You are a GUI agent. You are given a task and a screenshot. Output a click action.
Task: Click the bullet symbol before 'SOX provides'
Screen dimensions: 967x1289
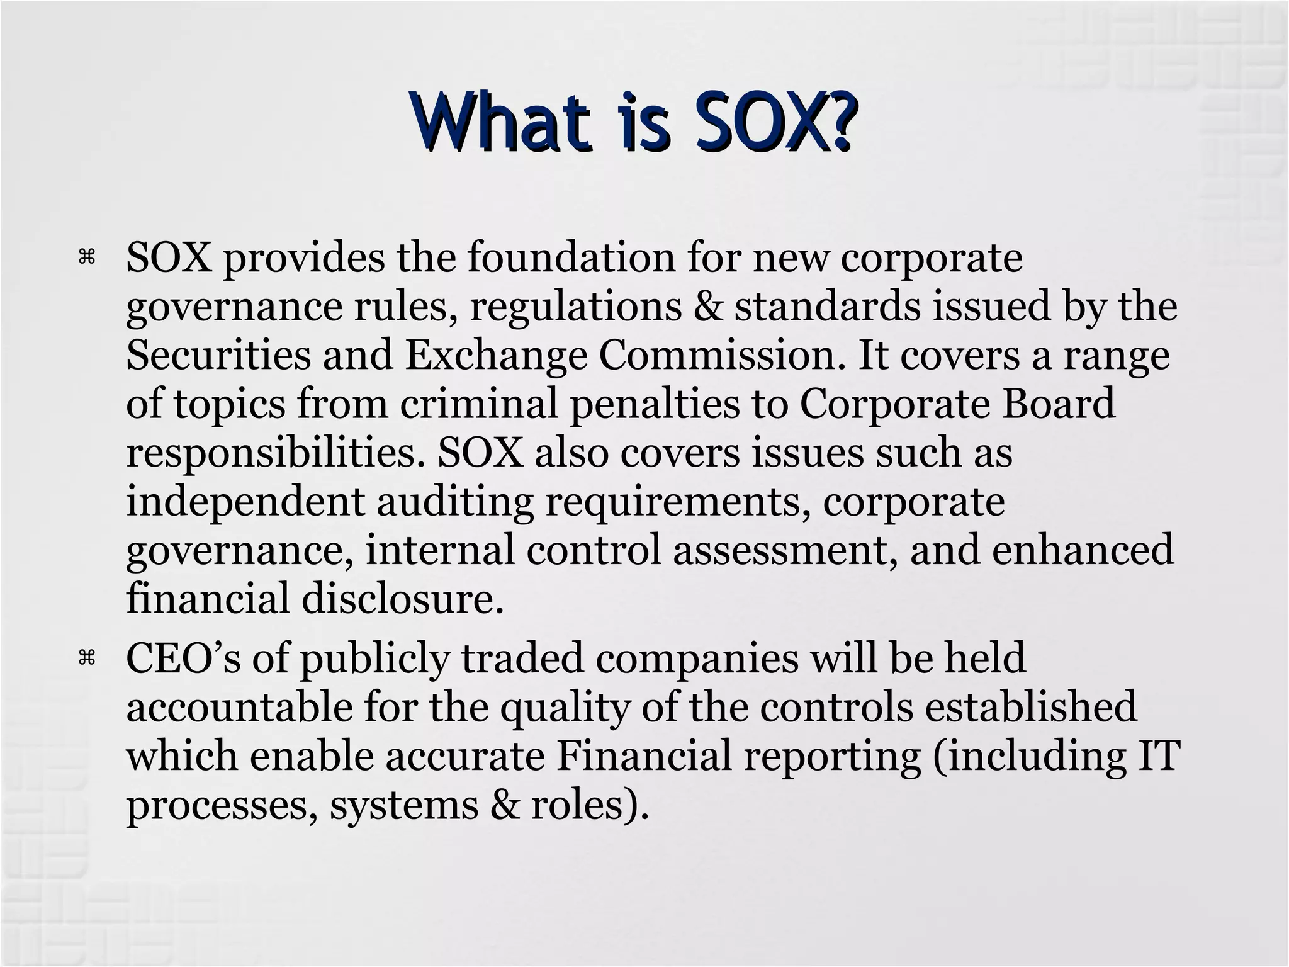pyautogui.click(x=86, y=256)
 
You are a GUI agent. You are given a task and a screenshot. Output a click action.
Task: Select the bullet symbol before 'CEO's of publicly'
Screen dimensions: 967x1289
pyautogui.click(x=86, y=658)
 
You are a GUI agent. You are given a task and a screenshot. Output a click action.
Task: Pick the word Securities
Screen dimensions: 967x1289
pyautogui.click(x=218, y=355)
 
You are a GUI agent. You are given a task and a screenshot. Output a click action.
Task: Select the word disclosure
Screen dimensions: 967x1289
pyautogui.click(x=403, y=598)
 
